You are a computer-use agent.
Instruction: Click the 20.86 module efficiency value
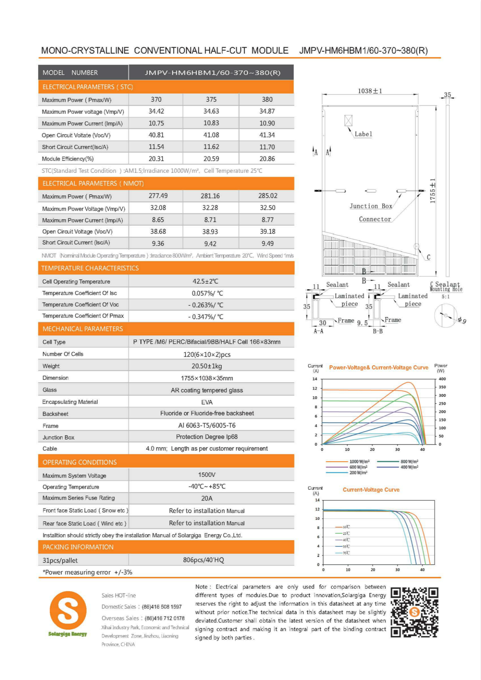tap(267, 159)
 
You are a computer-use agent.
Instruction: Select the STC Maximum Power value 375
tap(211, 99)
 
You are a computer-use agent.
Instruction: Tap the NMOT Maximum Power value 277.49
tap(158, 196)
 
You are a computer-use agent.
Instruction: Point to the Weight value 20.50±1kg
tap(206, 366)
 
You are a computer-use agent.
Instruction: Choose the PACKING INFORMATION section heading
tap(78, 547)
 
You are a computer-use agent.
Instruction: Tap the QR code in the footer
tap(414, 612)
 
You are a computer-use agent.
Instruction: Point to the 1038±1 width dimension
tap(370, 91)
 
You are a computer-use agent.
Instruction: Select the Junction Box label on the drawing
tap(370, 206)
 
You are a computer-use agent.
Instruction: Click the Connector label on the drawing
tap(375, 219)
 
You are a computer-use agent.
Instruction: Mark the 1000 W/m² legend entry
tap(359, 462)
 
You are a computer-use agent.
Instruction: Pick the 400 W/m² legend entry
tap(409, 467)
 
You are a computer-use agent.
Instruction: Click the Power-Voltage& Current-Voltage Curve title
tap(378, 367)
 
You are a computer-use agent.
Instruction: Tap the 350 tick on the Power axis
tap(442, 387)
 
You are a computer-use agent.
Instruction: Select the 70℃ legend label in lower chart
tap(346, 553)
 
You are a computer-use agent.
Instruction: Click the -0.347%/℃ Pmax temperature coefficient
tap(206, 317)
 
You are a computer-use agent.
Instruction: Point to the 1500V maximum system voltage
tap(207, 475)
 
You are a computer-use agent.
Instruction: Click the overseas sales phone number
tap(164, 618)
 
